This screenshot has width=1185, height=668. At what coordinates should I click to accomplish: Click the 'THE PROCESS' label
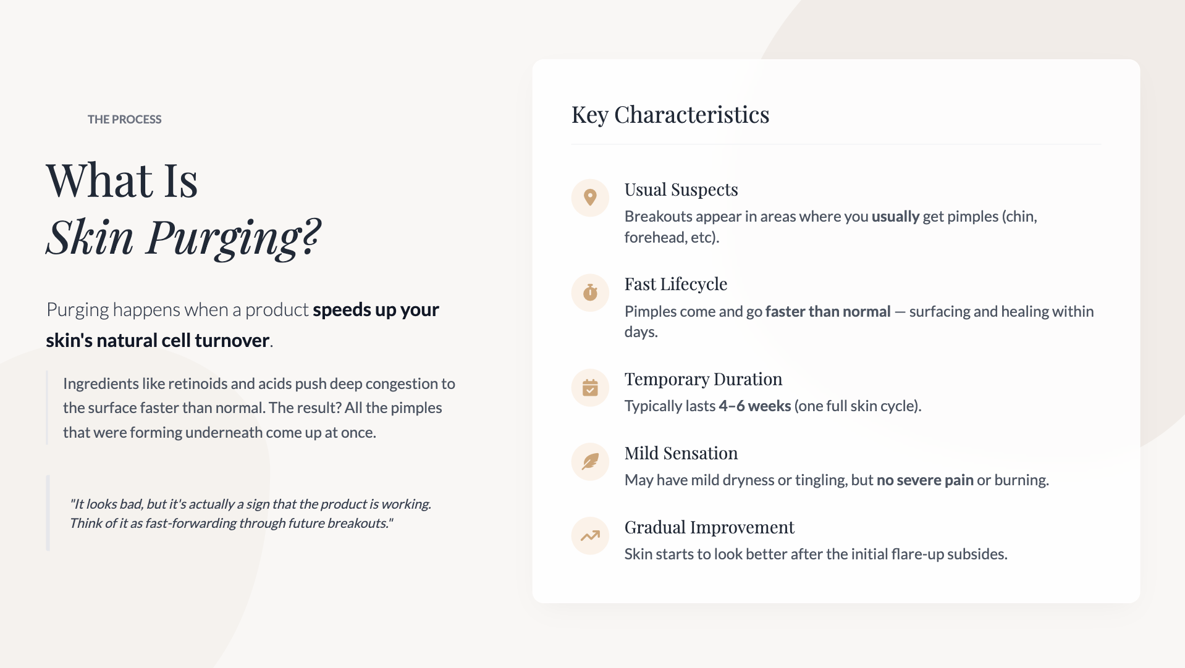point(124,119)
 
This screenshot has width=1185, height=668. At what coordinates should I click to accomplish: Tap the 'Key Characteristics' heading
point(670,115)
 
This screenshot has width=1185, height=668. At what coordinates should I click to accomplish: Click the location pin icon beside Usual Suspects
point(590,198)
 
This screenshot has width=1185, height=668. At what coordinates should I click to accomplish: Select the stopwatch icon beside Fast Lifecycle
point(590,292)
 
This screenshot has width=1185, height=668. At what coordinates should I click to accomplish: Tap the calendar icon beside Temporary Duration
point(590,388)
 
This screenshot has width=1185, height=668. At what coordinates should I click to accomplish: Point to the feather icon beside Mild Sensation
point(590,462)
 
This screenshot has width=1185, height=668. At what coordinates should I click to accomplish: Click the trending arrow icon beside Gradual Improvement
point(590,536)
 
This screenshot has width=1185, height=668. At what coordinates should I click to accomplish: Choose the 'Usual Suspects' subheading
point(681,190)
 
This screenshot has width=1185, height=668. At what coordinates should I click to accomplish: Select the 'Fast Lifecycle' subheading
point(675,284)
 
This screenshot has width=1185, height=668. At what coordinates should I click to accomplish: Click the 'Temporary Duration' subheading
point(703,379)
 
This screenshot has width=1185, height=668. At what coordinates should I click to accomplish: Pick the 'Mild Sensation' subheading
point(681,453)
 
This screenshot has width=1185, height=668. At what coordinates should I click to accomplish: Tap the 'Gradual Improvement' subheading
point(709,527)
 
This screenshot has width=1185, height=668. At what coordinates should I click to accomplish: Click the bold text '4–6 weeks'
point(754,406)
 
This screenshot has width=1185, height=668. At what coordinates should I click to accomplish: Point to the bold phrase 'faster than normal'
point(828,311)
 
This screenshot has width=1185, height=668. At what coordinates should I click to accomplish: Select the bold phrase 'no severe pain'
point(925,480)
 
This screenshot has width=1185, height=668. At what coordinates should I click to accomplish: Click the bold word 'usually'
point(895,216)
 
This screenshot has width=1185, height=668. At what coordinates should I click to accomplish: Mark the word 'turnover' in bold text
point(232,340)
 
